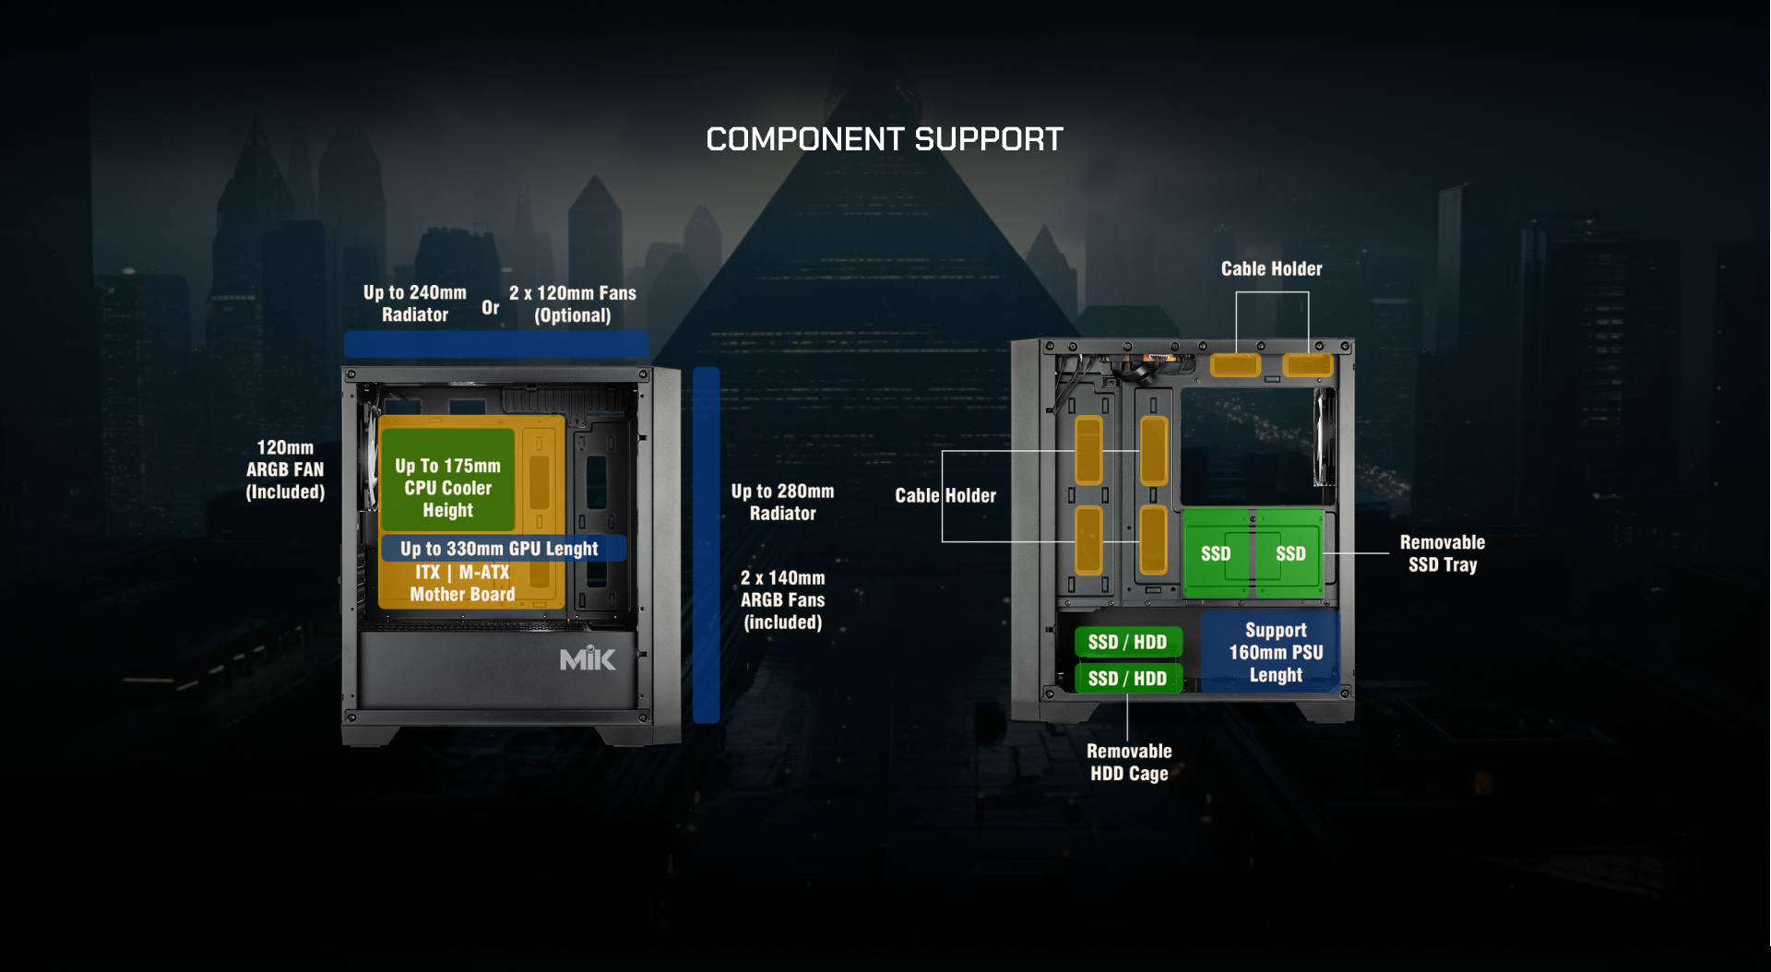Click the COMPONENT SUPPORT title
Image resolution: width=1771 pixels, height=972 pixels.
click(885, 139)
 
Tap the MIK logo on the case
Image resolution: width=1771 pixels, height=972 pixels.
click(588, 658)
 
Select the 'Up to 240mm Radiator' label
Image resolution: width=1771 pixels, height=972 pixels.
click(415, 303)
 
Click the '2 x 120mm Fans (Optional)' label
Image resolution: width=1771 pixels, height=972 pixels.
click(573, 303)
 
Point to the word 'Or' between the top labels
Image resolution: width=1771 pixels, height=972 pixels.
click(490, 307)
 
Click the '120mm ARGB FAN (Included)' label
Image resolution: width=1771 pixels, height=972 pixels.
click(285, 469)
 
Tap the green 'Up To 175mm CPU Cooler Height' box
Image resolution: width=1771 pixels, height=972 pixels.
click(448, 480)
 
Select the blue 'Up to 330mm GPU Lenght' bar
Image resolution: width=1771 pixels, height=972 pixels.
click(503, 549)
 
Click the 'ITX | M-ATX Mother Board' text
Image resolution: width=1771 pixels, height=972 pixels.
click(462, 584)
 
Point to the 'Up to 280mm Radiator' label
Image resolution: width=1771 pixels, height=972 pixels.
click(782, 502)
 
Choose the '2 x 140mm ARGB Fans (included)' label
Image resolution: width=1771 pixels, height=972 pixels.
click(782, 599)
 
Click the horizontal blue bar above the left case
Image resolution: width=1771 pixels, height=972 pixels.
click(496, 344)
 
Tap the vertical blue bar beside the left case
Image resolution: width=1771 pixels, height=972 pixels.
click(706, 544)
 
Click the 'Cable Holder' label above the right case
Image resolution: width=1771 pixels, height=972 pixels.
click(1271, 268)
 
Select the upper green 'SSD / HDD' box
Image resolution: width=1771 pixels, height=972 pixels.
click(1127, 642)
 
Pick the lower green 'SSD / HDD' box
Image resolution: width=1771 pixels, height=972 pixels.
click(1127, 679)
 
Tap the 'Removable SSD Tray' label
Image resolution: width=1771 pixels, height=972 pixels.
click(1442, 553)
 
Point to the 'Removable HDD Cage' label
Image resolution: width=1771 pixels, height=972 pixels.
click(1129, 762)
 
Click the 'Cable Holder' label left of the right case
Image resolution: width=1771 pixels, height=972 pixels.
click(945, 495)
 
